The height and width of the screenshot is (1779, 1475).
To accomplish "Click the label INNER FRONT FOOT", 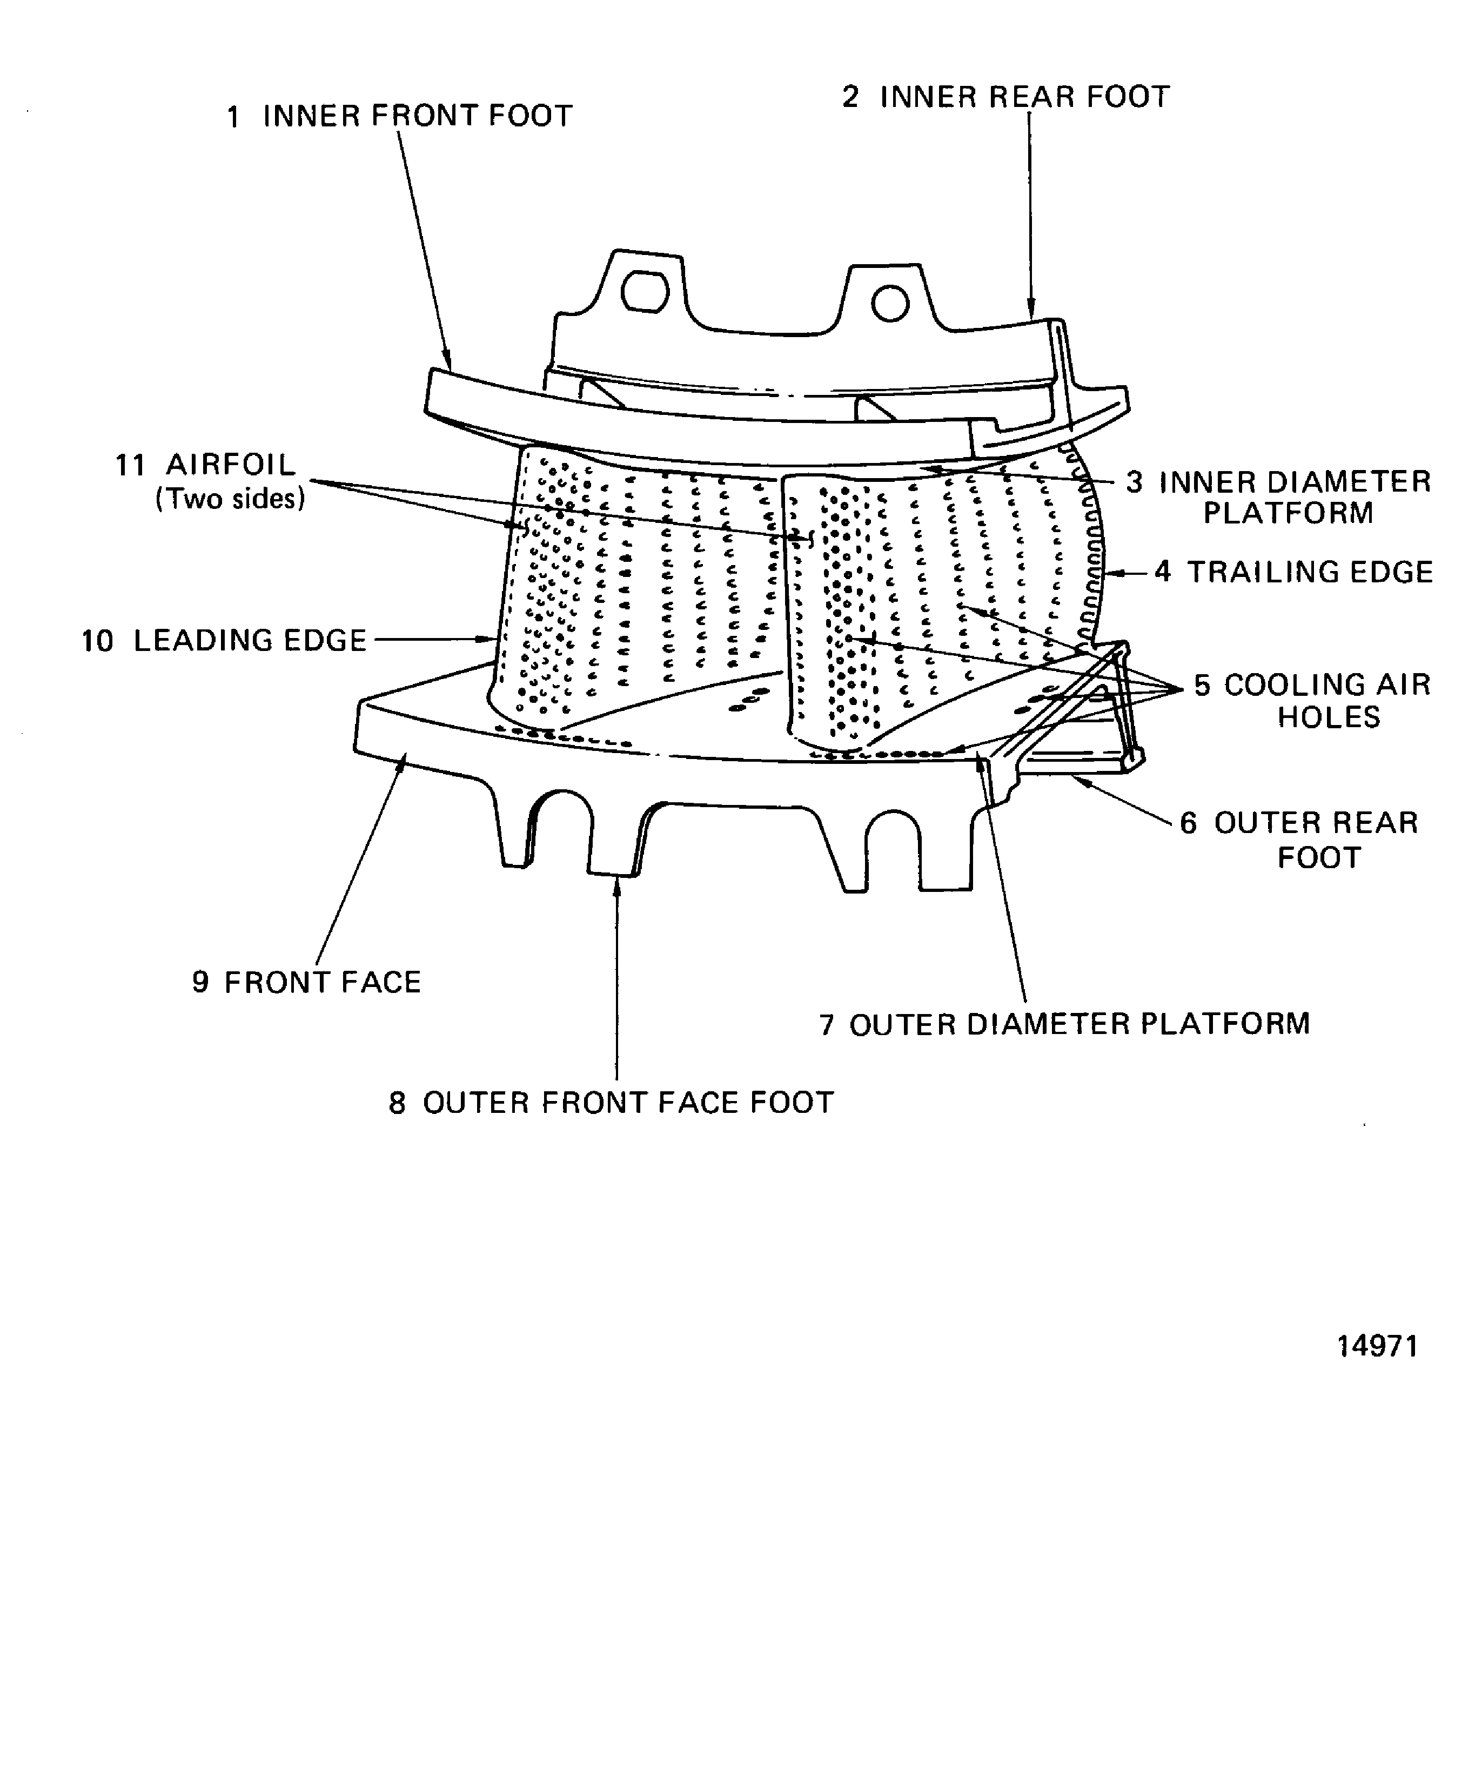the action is click(418, 116).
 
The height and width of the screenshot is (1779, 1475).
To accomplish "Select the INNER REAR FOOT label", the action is click(1025, 97).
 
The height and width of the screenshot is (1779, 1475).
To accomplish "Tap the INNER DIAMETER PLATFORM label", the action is click(1295, 497).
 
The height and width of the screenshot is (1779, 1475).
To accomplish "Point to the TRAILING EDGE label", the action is click(1310, 573).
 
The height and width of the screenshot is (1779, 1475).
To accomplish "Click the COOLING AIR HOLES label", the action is click(1327, 701).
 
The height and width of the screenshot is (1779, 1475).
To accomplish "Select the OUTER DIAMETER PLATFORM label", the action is click(1080, 1024).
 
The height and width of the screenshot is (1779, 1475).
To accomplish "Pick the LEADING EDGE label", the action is click(250, 640).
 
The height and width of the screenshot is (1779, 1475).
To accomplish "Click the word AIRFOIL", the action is click(231, 465).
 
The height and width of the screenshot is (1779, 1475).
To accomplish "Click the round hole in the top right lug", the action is click(890, 303).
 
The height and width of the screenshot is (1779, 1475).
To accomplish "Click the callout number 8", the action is click(397, 1104).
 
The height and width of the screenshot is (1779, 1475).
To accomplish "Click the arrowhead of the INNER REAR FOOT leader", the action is click(1031, 312).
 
